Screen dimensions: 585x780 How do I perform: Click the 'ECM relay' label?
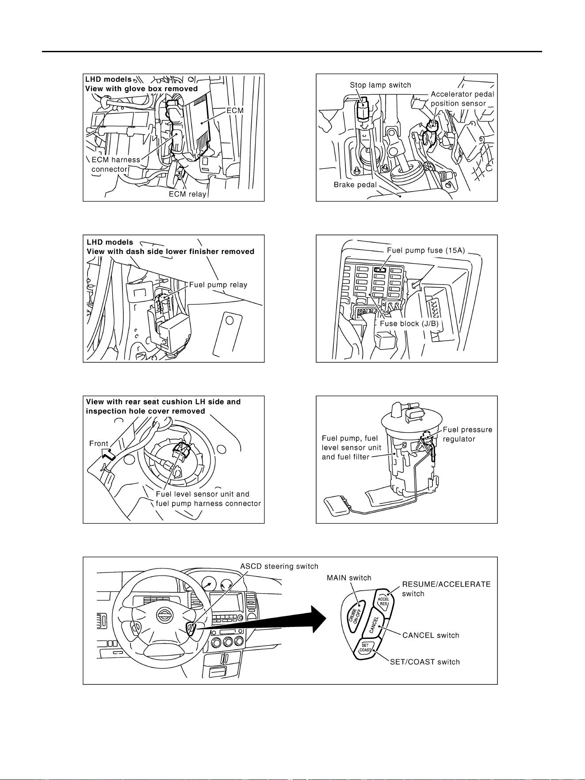pos(187,194)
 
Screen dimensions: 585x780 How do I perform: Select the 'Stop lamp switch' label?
pos(380,85)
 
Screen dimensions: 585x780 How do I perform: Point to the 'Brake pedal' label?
pos(355,184)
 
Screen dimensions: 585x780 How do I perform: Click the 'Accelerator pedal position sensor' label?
pos(462,99)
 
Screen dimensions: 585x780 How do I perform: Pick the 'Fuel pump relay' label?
pos(218,284)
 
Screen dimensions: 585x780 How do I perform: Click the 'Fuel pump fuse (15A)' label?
pos(425,250)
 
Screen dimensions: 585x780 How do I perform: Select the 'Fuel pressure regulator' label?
pos(467,434)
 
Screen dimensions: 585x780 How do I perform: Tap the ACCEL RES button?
pos(383,601)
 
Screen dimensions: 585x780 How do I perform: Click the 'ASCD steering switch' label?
pos(279,566)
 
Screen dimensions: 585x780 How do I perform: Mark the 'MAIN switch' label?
pos(349,578)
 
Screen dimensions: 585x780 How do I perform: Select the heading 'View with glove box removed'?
pos(141,88)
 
